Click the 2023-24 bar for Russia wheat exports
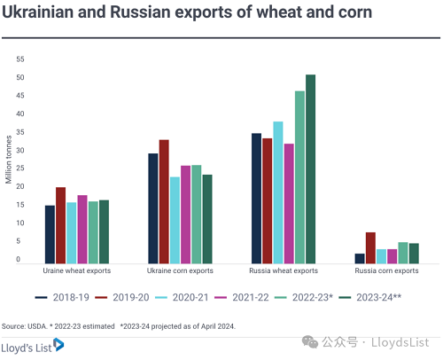(310, 169)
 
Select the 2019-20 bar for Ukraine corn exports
(164, 201)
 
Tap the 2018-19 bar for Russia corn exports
(360, 259)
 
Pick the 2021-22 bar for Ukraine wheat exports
(82, 230)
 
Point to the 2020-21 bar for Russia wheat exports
(278, 192)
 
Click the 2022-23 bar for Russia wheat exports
(299, 177)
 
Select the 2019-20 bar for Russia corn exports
(370, 248)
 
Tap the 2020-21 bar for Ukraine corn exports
(175, 220)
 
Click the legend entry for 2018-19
(62, 297)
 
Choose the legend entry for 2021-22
(242, 297)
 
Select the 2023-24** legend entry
(370, 297)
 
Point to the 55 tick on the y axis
(20, 59)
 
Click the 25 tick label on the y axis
(20, 168)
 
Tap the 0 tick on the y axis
(19, 259)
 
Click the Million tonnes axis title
(8, 160)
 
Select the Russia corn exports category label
(386, 270)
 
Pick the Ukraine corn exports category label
(180, 270)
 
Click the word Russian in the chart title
(140, 12)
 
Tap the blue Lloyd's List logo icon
(58, 345)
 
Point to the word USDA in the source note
(37, 326)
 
